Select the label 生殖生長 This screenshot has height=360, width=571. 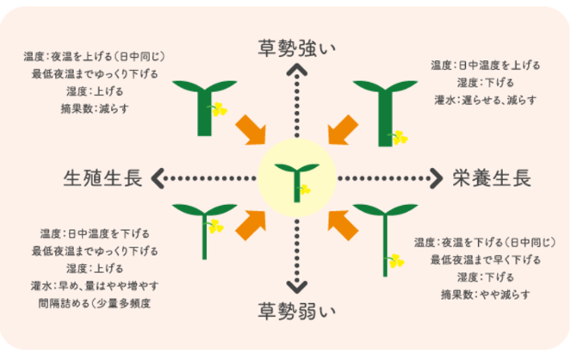[x=102, y=178]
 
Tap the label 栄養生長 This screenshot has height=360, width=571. [x=492, y=178]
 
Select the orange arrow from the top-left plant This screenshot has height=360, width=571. [x=252, y=128]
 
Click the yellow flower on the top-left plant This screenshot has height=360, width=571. [x=219, y=109]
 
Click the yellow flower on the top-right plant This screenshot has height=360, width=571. [x=399, y=135]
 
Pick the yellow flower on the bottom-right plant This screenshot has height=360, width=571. [x=396, y=260]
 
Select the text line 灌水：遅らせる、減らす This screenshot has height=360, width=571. [x=487, y=99]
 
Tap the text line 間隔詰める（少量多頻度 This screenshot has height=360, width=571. [x=101, y=302]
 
